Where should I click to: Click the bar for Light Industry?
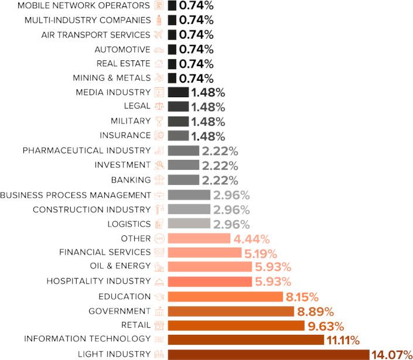[x=268, y=354]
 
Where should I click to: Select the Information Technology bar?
[x=246, y=340]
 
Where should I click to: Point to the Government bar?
[x=231, y=311]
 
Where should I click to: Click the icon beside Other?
[x=159, y=238]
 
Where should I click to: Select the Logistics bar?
[x=189, y=224]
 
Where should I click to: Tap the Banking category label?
[x=131, y=180]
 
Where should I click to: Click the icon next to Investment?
[x=159, y=165]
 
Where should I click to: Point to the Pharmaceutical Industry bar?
[x=183, y=151]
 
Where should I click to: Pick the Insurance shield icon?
[x=159, y=136]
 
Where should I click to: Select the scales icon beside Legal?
[x=159, y=107]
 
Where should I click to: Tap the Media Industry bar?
[x=178, y=92]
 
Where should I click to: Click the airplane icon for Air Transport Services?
[x=159, y=35]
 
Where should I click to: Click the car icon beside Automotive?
[x=159, y=49]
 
